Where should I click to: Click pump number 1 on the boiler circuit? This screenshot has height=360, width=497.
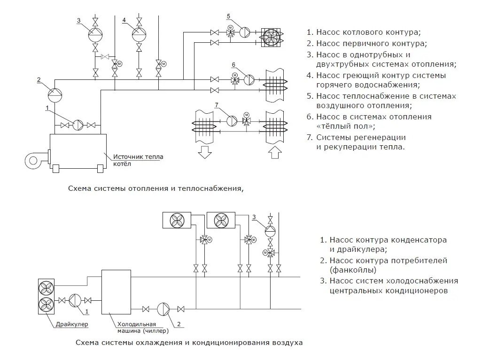tap(78, 125)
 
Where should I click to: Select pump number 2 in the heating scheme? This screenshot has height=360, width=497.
tap(55, 94)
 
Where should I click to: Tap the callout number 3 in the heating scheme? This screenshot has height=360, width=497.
tap(79, 20)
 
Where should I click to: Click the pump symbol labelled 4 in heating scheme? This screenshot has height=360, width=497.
tap(139, 33)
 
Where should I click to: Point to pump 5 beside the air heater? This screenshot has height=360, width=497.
tap(245, 32)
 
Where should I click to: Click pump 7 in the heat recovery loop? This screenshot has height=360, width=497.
tap(233, 120)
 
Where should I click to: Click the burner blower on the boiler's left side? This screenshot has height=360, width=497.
tap(35, 160)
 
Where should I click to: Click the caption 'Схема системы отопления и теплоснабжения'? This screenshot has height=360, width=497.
tap(156, 189)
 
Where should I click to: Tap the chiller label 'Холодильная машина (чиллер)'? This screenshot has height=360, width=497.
tap(140, 327)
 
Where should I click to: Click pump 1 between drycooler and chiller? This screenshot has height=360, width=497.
tap(75, 300)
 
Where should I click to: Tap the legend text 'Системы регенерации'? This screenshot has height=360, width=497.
tap(361, 138)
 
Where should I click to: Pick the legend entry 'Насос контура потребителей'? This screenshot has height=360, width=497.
tap(388, 260)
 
